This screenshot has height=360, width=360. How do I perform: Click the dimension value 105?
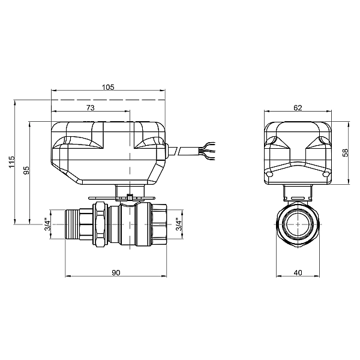[x=108, y=87]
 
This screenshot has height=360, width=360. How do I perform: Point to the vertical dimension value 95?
[x=26, y=171]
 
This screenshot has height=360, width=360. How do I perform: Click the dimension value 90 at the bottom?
[x=116, y=272]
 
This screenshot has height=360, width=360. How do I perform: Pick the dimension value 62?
[x=298, y=107]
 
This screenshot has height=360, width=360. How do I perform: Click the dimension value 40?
[x=298, y=272]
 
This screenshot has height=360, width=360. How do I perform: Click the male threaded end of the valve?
[x=76, y=225]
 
